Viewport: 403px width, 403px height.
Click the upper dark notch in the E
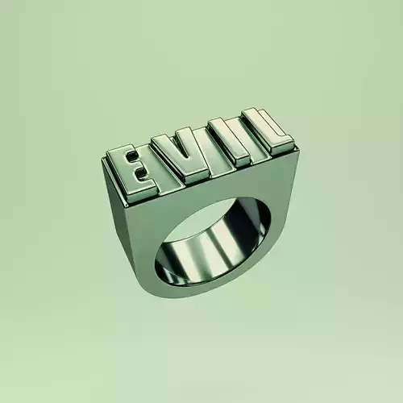click(139, 159)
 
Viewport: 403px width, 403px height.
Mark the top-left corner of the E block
click(110, 153)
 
